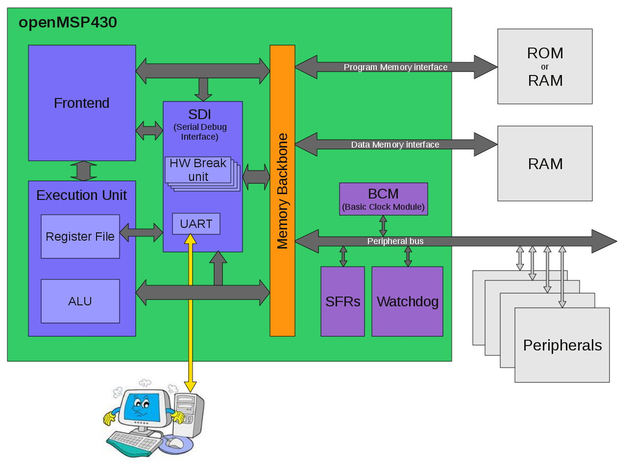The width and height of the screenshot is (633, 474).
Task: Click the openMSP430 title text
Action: [68, 23]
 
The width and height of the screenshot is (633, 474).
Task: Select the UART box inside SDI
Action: [196, 224]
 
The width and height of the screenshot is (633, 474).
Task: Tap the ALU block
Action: [80, 301]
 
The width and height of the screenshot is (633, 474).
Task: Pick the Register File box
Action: [80, 237]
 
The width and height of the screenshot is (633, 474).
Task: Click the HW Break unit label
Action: [198, 170]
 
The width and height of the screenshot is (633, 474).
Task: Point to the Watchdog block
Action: [407, 301]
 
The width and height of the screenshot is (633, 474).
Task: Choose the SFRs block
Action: [342, 301]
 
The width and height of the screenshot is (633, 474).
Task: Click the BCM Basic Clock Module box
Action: [383, 199]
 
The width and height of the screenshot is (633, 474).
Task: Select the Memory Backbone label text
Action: [283, 191]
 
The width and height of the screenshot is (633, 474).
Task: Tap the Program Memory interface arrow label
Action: [395, 67]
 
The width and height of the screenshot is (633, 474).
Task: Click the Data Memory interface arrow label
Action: [395, 145]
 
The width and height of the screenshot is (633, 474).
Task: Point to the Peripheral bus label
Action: [395, 241]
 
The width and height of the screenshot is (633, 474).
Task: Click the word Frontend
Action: [81, 103]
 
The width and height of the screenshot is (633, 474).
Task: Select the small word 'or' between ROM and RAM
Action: [545, 67]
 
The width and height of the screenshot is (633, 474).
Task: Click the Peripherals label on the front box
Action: [562, 345]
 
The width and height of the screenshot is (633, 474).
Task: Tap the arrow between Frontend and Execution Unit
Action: [83, 171]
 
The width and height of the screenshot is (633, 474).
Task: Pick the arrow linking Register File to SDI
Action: [141, 232]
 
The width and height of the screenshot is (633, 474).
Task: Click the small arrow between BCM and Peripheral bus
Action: [383, 226]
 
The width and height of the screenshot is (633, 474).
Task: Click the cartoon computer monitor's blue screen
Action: [143, 406]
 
